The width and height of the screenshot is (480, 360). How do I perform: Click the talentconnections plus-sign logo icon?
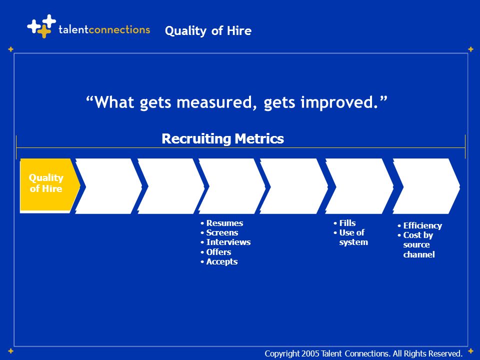point(42,26)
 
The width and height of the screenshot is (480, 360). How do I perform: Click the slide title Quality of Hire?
point(208,31)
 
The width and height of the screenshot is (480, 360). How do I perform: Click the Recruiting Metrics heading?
point(222,138)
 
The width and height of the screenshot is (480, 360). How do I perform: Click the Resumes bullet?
point(222,223)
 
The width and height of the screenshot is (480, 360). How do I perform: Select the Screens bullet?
point(219,232)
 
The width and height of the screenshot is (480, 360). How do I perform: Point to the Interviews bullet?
point(225,242)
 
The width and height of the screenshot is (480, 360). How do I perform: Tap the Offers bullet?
point(216,252)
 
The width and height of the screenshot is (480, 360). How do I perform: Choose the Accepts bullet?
point(219,261)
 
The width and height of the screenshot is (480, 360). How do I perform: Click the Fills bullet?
point(344,223)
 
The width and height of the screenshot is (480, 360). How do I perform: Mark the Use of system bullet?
point(351,237)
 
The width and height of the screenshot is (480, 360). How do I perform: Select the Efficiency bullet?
point(419,225)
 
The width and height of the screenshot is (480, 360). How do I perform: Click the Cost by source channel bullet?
point(416,244)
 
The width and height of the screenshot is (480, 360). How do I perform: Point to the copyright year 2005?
point(310,353)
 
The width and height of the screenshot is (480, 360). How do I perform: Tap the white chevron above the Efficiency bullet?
point(426,186)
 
